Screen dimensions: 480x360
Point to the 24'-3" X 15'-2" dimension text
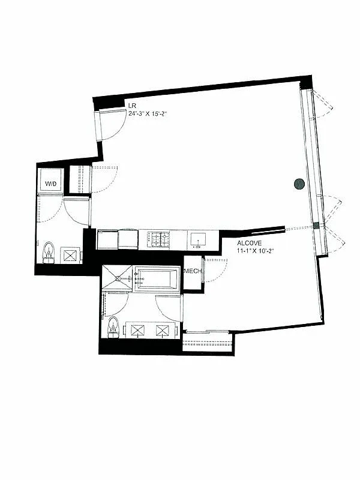tap(147, 112)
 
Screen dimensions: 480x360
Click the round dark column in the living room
tap(299, 184)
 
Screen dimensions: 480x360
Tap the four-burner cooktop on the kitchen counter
tap(160, 239)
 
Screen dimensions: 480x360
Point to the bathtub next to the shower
tap(157, 280)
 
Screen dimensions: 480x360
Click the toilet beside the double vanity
tap(112, 328)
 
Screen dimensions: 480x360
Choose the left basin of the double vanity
tap(139, 330)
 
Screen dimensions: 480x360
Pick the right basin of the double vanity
tap(163, 330)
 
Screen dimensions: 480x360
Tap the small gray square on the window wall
tap(316, 226)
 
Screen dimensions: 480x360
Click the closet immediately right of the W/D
tap(79, 179)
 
